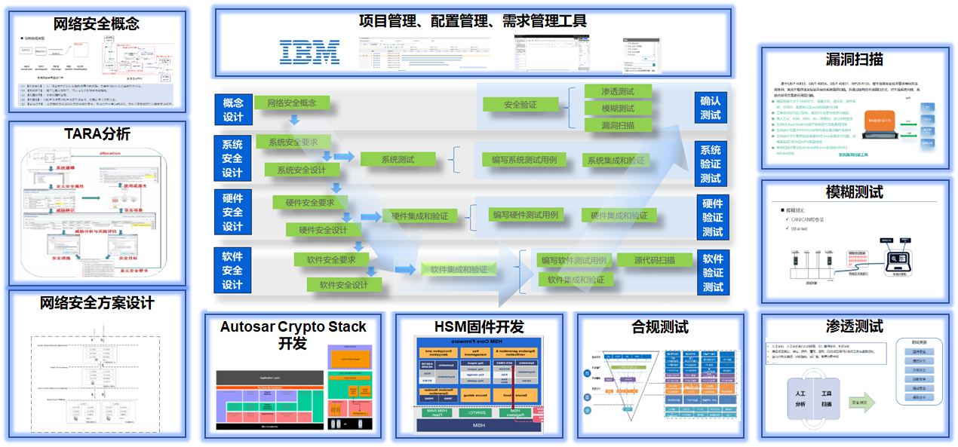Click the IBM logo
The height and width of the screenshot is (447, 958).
click(309, 51)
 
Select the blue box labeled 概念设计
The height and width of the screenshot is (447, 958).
click(233, 109)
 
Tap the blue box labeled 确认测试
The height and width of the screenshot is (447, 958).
click(711, 108)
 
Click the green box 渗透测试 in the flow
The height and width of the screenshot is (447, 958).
click(618, 91)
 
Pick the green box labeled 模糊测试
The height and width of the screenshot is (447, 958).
click(618, 109)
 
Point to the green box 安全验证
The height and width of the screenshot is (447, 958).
click(520, 104)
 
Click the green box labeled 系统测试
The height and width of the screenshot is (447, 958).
click(398, 159)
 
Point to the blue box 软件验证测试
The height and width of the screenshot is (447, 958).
click(713, 272)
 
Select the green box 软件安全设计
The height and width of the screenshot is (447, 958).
click(344, 285)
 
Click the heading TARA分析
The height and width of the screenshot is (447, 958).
click(97, 133)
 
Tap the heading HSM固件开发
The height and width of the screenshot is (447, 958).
click(479, 327)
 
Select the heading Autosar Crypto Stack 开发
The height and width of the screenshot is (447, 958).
click(293, 335)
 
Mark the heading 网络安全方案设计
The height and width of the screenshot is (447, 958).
click(97, 303)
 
